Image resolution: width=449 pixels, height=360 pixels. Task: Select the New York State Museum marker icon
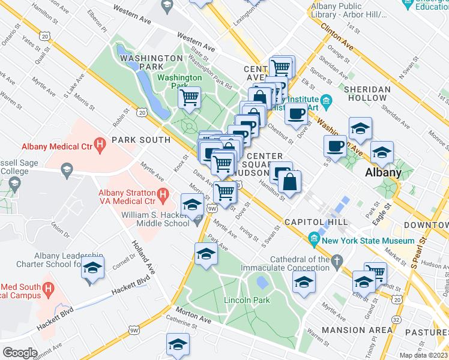point(313,240)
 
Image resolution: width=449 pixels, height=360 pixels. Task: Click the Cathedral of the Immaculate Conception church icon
point(337,260)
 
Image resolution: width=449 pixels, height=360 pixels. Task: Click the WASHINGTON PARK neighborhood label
point(151,58)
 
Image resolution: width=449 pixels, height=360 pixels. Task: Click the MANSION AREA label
point(357,330)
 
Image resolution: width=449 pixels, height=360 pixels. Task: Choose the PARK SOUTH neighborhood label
point(145,140)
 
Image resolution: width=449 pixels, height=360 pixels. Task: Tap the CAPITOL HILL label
point(308,222)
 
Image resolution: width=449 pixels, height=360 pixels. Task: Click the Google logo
point(20,352)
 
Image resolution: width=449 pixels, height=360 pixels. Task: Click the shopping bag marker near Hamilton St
point(289,182)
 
